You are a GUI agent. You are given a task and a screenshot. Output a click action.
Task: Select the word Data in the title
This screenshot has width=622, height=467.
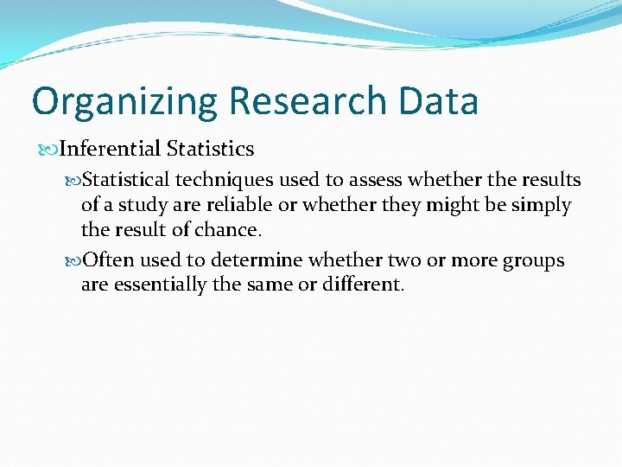click(x=439, y=100)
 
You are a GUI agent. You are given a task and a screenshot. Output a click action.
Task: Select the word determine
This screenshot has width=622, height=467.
click(x=259, y=260)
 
